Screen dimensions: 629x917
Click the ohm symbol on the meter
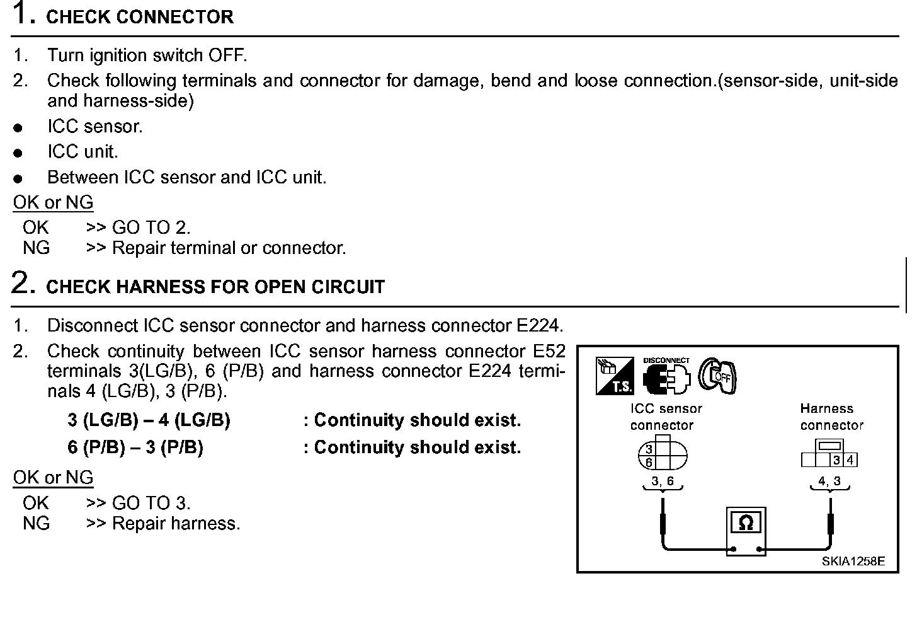pos(746,523)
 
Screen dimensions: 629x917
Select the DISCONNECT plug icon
pos(666,377)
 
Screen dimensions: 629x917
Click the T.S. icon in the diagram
pos(614,376)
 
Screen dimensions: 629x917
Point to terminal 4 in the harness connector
pos(850,460)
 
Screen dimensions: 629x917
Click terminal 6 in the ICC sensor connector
pos(649,463)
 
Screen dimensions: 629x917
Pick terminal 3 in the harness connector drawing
pos(836,460)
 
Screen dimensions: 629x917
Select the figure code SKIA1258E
pos(853,562)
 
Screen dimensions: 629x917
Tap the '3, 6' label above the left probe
pos(662,482)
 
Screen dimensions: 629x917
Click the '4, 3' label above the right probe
pos(829,482)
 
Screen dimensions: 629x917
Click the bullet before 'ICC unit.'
pos(18,153)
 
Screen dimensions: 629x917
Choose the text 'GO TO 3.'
pos(151,503)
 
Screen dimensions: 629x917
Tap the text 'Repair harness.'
pos(176,524)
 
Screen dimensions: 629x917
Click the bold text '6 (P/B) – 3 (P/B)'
pos(135,447)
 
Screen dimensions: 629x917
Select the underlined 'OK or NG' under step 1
pos(54,203)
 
